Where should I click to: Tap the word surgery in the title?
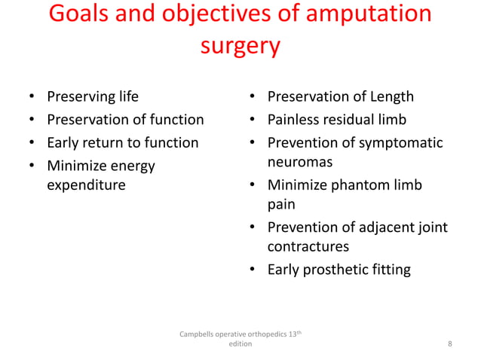click(x=240, y=47)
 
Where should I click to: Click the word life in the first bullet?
click(x=126, y=96)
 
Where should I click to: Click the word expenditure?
click(x=86, y=185)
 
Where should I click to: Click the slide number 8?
click(x=450, y=344)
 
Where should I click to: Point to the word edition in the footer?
click(x=240, y=343)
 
